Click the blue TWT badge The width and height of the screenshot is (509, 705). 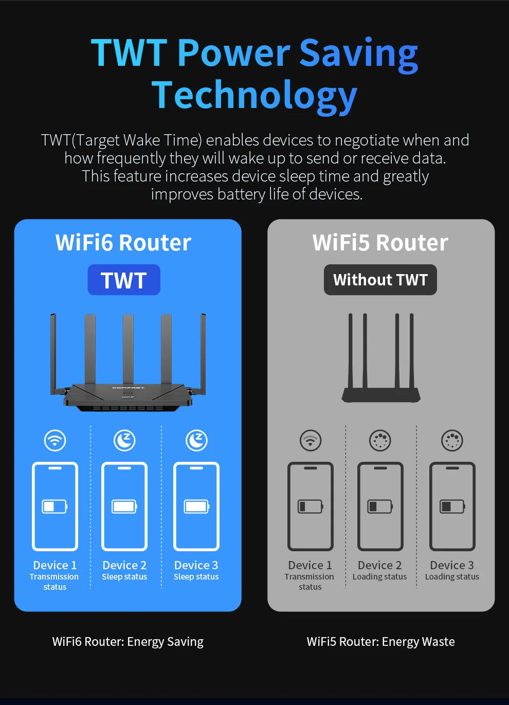click(124, 280)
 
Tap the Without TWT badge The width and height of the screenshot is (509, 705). click(380, 280)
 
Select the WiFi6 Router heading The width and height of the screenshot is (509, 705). click(123, 243)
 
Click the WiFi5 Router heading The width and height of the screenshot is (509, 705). click(380, 243)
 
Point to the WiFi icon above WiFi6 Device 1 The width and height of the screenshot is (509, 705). click(55, 441)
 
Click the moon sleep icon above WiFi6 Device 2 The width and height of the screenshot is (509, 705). click(124, 441)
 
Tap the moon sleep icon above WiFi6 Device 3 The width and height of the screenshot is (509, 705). click(196, 441)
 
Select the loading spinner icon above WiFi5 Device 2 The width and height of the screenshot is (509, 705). click(380, 441)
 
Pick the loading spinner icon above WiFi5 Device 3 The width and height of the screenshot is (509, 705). click(452, 441)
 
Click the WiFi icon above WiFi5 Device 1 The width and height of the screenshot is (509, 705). click(311, 441)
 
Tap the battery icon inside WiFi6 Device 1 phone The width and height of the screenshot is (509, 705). click(54, 507)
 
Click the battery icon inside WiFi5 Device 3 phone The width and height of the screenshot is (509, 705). click(452, 507)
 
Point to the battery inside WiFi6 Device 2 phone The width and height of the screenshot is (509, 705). click(124, 507)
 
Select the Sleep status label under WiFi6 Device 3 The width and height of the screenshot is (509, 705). click(196, 577)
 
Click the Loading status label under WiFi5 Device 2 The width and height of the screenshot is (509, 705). click(380, 577)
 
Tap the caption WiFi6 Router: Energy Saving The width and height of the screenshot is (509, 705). click(128, 642)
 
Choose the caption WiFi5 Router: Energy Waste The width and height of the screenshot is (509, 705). click(380, 642)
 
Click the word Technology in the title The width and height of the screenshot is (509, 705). click(254, 96)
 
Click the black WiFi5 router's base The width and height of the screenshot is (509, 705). click(381, 395)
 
